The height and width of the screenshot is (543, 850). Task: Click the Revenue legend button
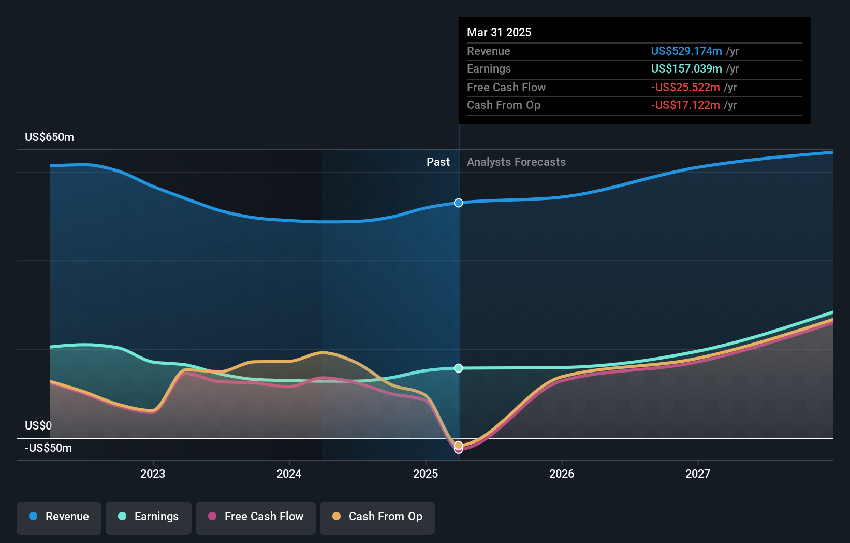59,517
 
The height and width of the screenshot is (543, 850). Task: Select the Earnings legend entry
149,517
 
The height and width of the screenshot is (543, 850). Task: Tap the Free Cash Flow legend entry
256,517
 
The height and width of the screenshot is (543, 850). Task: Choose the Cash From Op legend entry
377,517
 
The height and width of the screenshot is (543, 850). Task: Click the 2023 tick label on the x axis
153,474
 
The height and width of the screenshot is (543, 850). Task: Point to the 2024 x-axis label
289,474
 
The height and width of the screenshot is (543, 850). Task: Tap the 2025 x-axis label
426,474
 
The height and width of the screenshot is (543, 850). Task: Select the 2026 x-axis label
562,474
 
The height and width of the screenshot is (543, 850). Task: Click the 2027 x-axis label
698,474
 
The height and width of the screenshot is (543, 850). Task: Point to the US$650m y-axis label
50,137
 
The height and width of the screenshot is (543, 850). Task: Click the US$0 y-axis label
38,426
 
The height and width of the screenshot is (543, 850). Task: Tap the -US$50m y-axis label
49,448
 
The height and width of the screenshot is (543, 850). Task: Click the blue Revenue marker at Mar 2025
459,203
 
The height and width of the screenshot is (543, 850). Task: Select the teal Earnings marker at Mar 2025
459,368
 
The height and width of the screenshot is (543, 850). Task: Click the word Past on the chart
438,162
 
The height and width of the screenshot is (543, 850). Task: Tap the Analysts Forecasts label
516,162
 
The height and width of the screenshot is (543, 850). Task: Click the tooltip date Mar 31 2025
499,32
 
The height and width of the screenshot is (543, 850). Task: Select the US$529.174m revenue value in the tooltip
686,51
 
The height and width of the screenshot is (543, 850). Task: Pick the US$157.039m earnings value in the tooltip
686,69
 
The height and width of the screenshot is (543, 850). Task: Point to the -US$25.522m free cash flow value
685,88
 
